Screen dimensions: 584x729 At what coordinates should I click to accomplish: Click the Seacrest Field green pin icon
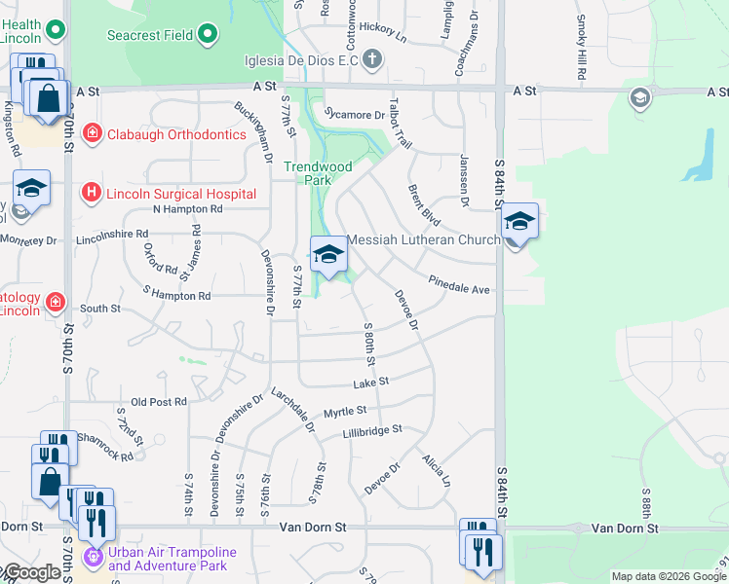click(x=208, y=36)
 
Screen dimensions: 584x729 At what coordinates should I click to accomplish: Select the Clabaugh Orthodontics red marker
click(x=92, y=133)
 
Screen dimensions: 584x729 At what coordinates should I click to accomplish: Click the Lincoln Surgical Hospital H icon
click(x=92, y=193)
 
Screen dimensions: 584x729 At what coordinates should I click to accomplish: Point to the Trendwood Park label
click(x=318, y=173)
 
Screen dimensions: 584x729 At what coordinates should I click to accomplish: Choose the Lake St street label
click(x=370, y=382)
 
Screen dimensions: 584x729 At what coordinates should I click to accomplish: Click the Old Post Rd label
click(x=158, y=402)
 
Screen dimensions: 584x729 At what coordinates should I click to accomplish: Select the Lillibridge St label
click(x=371, y=429)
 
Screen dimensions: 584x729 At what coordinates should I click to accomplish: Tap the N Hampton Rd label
click(x=188, y=208)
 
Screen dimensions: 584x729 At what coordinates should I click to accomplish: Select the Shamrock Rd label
click(x=105, y=447)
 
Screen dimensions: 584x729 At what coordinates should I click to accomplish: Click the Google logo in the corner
click(x=31, y=572)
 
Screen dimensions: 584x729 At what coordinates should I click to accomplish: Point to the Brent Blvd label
click(x=426, y=204)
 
